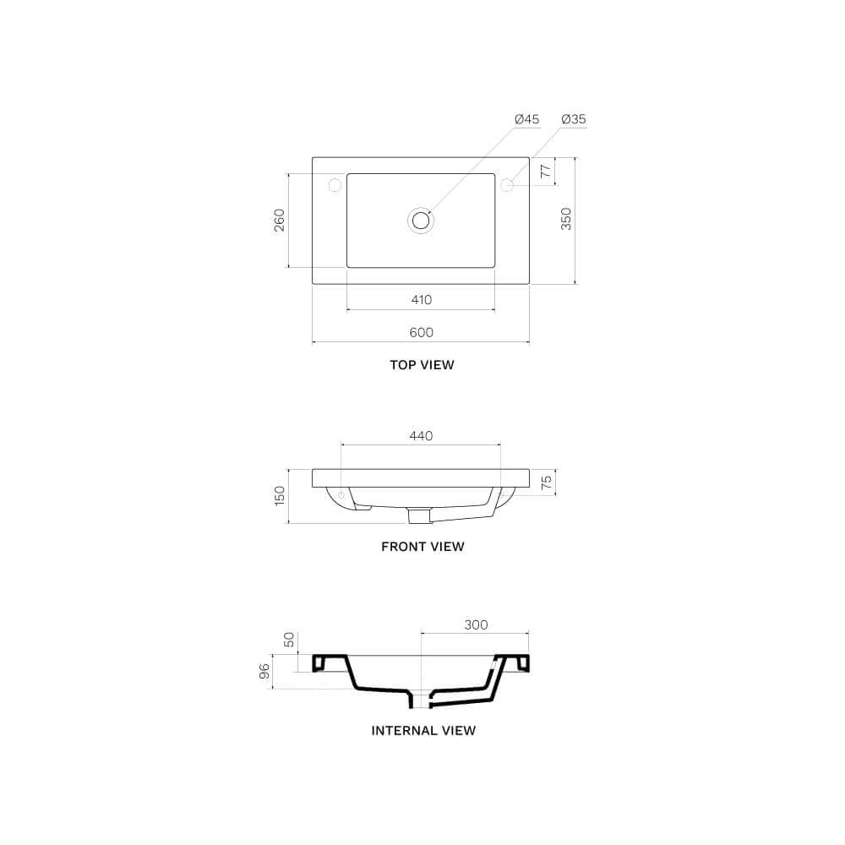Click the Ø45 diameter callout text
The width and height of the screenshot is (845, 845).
pyautogui.click(x=526, y=119)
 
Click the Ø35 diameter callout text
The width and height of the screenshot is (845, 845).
pyautogui.click(x=573, y=119)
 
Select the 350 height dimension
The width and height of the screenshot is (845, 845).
pyautogui.click(x=566, y=219)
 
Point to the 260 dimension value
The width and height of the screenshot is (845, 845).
pyautogui.click(x=280, y=220)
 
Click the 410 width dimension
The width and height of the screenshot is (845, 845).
pyautogui.click(x=421, y=300)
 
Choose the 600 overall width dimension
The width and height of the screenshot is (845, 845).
pyautogui.click(x=421, y=332)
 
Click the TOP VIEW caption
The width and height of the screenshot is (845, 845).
pyautogui.click(x=421, y=365)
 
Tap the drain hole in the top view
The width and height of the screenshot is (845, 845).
pyautogui.click(x=421, y=220)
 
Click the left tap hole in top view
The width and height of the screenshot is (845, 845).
pyautogui.click(x=335, y=184)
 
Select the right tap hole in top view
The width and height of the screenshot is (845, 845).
pyautogui.click(x=508, y=184)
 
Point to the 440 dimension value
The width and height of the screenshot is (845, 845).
pyautogui.click(x=421, y=436)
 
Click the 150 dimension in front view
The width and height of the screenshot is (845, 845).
pyautogui.click(x=280, y=496)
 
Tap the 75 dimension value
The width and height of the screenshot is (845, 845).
pyautogui.click(x=547, y=482)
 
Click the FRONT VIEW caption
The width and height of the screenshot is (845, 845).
pyautogui.click(x=422, y=547)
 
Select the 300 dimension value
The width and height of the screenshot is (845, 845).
pyautogui.click(x=476, y=625)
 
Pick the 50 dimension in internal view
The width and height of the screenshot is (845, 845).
pyautogui.click(x=289, y=641)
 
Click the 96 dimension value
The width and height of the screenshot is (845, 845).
pyautogui.click(x=264, y=671)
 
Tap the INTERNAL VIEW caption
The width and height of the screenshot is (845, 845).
pyautogui.click(x=423, y=730)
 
